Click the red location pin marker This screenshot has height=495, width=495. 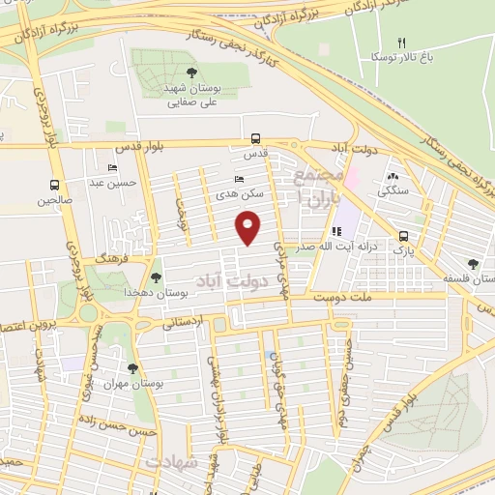249,228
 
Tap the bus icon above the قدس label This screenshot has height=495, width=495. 255,138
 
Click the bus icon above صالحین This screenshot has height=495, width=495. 56,186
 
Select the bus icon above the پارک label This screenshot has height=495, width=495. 403,236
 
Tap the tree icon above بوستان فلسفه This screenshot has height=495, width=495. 472,263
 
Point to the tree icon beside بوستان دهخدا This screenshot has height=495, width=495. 156,278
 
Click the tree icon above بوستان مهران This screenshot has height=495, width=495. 132,368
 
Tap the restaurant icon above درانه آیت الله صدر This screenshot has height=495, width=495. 336,232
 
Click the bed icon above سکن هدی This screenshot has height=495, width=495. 240,180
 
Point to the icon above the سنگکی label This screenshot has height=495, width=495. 392,176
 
